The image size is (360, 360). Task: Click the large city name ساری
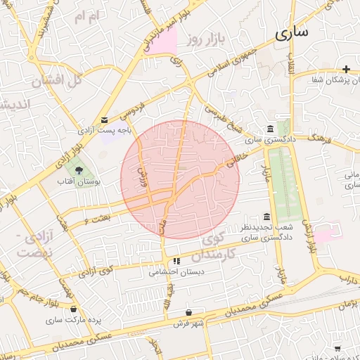(292, 32)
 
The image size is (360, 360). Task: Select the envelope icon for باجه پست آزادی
(105, 120)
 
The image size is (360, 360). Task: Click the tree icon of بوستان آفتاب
(79, 170)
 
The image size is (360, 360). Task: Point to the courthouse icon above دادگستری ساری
(271, 129)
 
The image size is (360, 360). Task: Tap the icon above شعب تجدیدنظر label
(266, 217)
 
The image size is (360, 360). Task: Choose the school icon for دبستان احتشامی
(176, 260)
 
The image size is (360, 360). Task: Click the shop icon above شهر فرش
(188, 312)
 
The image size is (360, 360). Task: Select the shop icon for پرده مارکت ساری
(74, 309)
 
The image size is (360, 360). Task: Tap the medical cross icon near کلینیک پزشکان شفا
(346, 69)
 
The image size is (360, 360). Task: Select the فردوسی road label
(134, 109)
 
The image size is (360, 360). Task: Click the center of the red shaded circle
(180, 180)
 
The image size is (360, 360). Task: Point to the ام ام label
(88, 15)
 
